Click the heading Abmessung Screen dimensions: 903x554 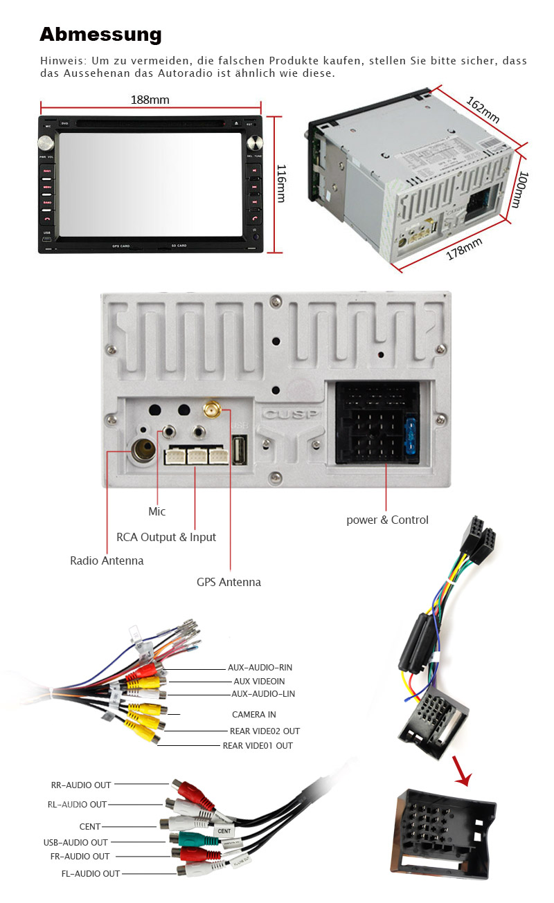pos(100,35)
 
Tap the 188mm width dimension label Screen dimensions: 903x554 pos(150,100)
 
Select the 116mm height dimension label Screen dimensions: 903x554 pos(281,183)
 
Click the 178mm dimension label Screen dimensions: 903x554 pos(463,248)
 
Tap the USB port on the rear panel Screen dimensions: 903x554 pos(240,451)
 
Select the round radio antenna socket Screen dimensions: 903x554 pos(145,451)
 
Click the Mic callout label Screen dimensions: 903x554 pos(157,512)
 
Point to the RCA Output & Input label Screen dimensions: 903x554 pos(166,537)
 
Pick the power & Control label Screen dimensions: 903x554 pos(387,520)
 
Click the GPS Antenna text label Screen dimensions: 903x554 pos(229,582)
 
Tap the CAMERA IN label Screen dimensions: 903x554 pos(253,714)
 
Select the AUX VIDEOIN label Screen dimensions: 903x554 pos(259,681)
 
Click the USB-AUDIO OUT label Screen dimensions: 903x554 pos(75,842)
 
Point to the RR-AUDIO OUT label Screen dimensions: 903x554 pos(81,785)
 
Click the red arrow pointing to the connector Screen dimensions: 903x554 pos(461,772)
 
